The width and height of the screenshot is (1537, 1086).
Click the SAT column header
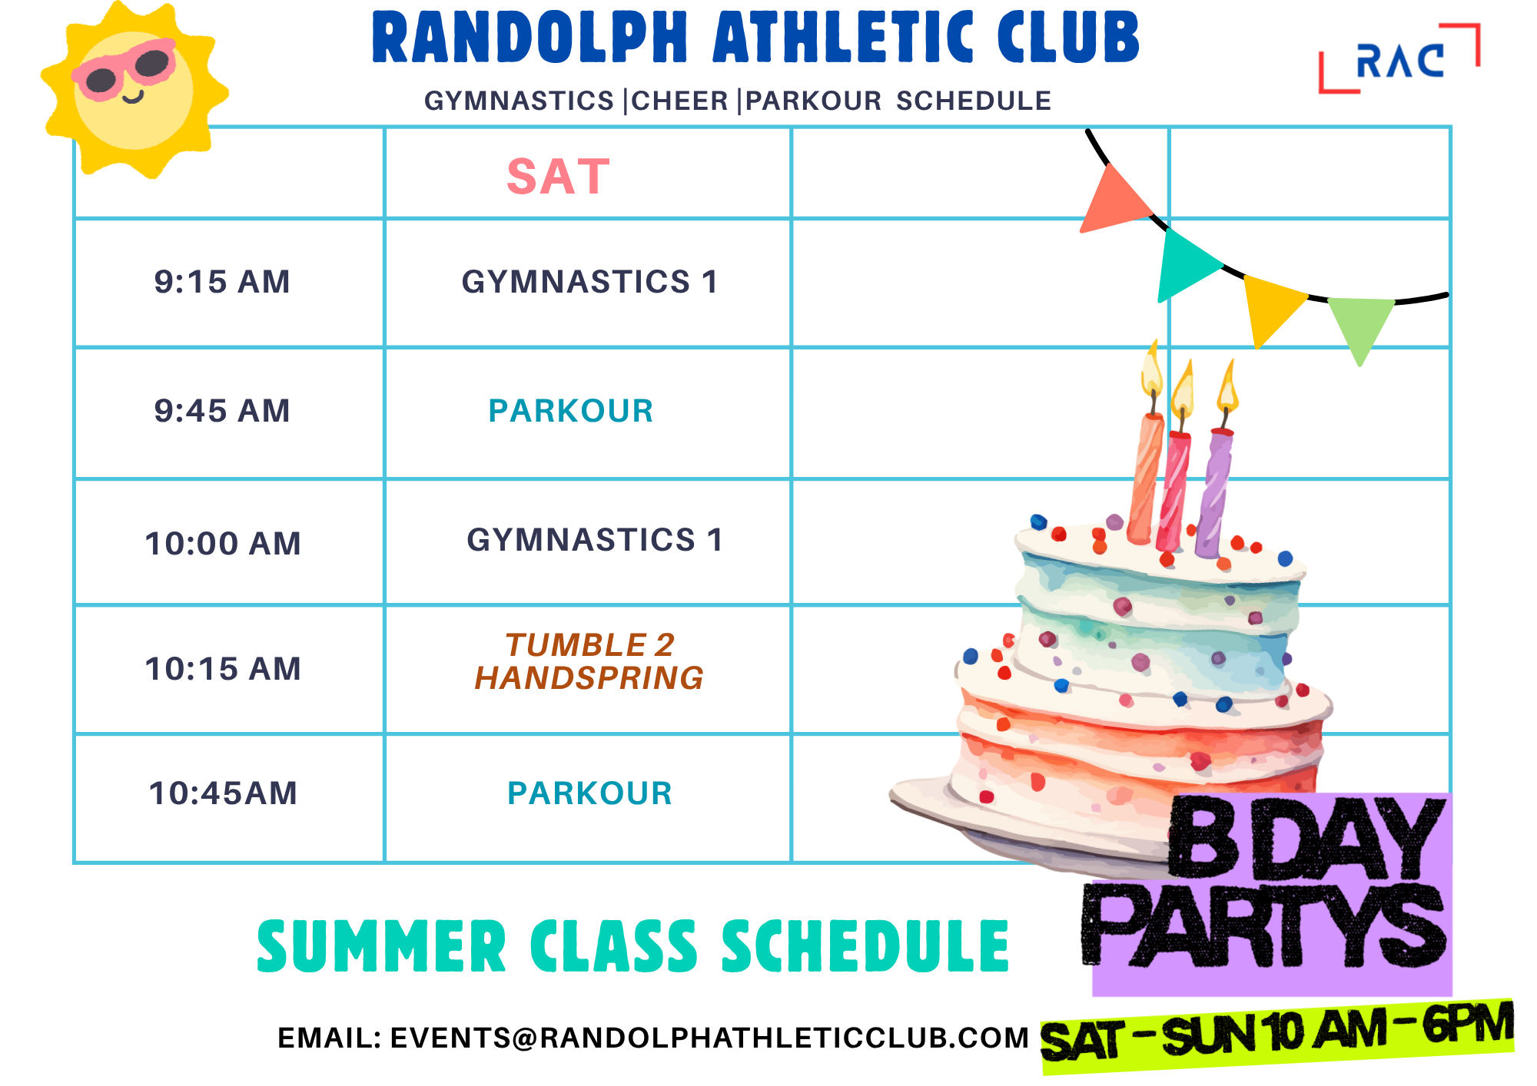point(559,177)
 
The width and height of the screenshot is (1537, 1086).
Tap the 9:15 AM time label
point(222,282)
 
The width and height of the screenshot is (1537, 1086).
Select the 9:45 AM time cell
point(222,411)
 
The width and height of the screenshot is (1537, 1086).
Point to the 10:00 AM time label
point(223,544)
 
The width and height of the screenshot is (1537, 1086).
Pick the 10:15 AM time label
point(223,669)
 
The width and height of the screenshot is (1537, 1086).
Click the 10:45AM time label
point(223,793)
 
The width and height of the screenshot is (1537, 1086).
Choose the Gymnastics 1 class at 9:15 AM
point(589,282)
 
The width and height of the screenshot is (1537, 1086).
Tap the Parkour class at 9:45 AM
point(571,411)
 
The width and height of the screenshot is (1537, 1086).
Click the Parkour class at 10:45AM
point(589,793)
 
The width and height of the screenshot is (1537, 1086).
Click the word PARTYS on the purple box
point(1263,925)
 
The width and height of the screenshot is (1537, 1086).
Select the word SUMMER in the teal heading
point(381,946)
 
